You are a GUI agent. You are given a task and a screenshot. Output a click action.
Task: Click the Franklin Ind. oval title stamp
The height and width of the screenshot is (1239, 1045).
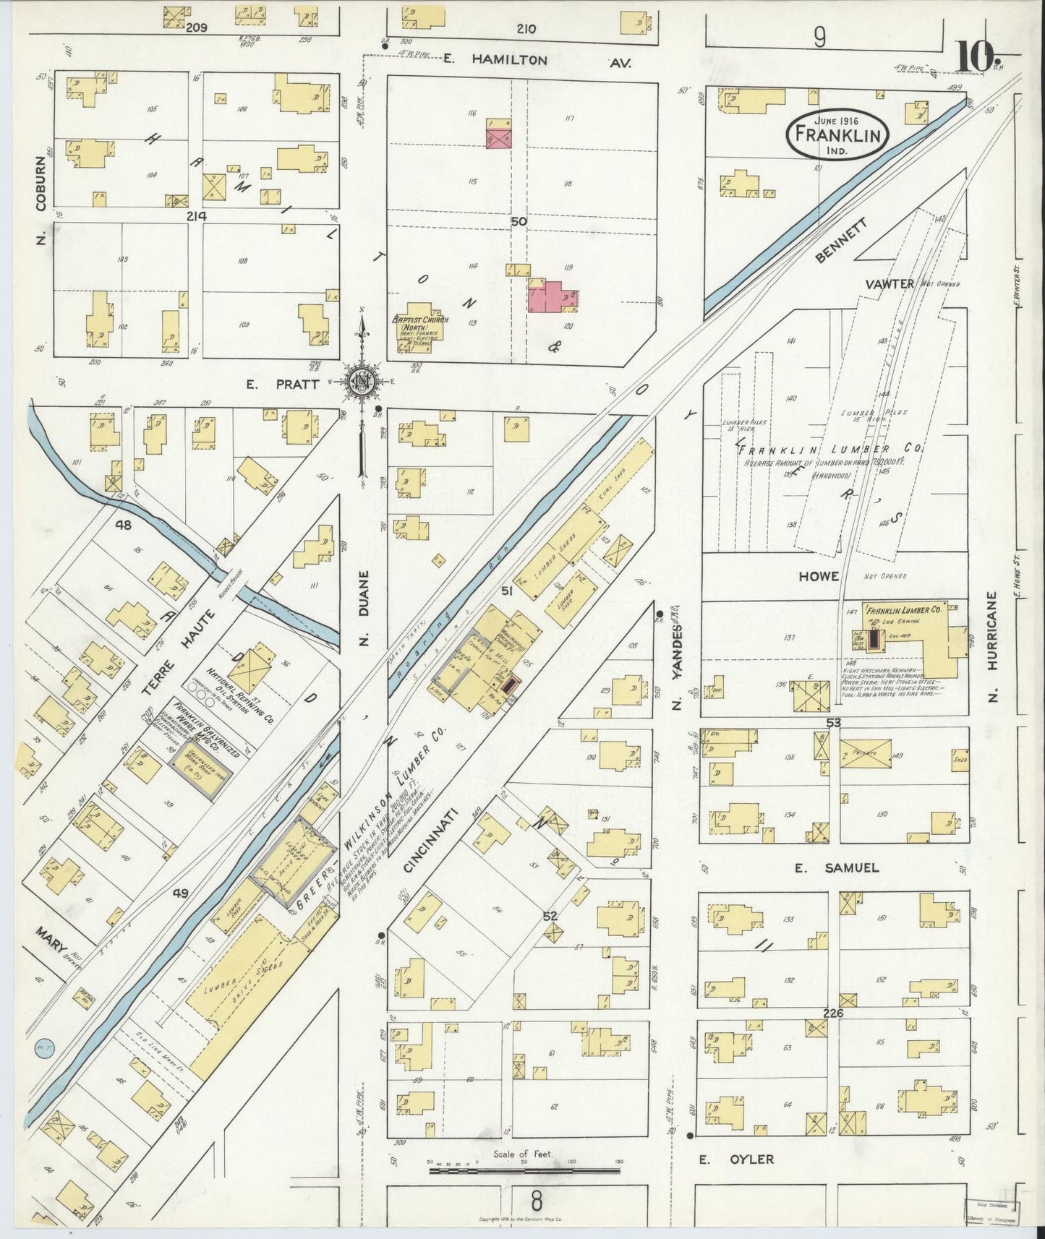[837, 134]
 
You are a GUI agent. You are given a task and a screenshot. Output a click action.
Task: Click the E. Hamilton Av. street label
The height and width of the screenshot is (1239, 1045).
[537, 61]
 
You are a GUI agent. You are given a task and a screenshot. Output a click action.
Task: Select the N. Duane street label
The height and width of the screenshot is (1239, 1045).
[364, 606]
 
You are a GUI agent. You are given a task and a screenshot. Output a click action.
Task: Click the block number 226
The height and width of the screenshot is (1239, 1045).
[833, 1013]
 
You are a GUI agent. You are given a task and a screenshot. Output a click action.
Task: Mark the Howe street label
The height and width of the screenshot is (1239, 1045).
[818, 576]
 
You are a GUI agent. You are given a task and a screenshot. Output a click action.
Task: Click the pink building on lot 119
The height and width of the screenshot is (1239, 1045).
[553, 296]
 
